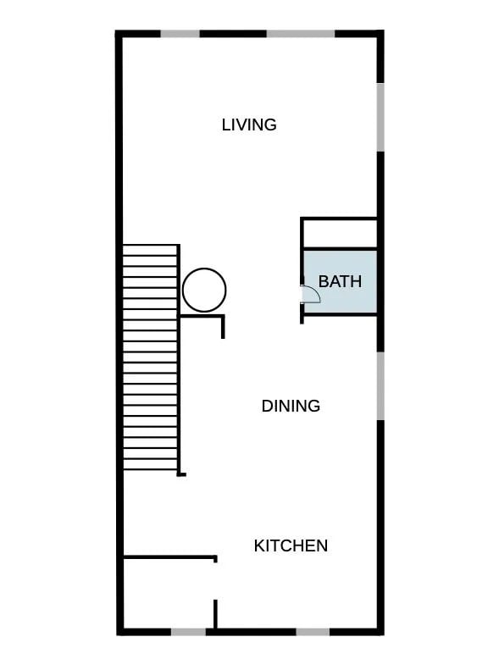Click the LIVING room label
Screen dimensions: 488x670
(249, 125)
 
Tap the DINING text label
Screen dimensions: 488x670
(291, 406)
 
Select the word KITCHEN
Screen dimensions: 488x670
(291, 545)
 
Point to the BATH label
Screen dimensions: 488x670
(340, 281)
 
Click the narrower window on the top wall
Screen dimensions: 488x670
(180, 34)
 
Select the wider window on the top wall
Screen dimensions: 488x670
(301, 34)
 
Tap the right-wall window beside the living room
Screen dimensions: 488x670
(380, 117)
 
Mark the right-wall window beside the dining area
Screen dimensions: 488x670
(380, 386)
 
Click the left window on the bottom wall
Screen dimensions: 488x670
(188, 632)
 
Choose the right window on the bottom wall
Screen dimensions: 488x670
(313, 632)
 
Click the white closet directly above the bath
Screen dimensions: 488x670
(340, 233)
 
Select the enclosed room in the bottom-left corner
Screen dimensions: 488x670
(169, 593)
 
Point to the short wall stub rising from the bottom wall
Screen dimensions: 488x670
(215, 614)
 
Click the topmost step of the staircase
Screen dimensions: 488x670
(150, 251)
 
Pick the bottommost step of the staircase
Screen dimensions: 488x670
(150, 464)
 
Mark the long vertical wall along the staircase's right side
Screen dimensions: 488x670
(179, 359)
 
